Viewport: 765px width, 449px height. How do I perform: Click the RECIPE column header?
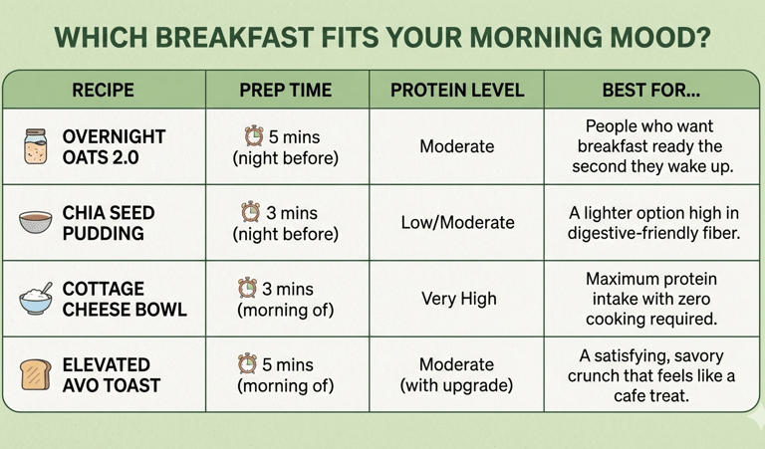click(x=103, y=91)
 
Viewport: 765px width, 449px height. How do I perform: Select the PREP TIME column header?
click(x=285, y=91)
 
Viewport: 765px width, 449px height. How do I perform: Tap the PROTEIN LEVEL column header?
click(x=456, y=91)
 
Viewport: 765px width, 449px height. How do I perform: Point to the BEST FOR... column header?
click(x=650, y=91)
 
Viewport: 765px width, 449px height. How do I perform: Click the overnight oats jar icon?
click(x=36, y=146)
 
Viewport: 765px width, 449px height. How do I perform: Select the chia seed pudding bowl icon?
click(x=36, y=223)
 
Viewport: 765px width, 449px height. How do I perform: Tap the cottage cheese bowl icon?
click(x=36, y=299)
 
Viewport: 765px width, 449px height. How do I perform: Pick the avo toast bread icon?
click(x=36, y=375)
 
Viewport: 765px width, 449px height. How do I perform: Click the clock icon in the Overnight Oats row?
click(x=254, y=135)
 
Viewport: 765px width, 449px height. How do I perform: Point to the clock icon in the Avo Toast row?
click(x=248, y=363)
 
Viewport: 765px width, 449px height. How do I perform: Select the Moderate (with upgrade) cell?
click(x=456, y=375)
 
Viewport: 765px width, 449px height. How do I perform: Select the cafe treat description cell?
click(x=650, y=375)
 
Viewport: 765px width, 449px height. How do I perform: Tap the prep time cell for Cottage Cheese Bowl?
click(x=285, y=299)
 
